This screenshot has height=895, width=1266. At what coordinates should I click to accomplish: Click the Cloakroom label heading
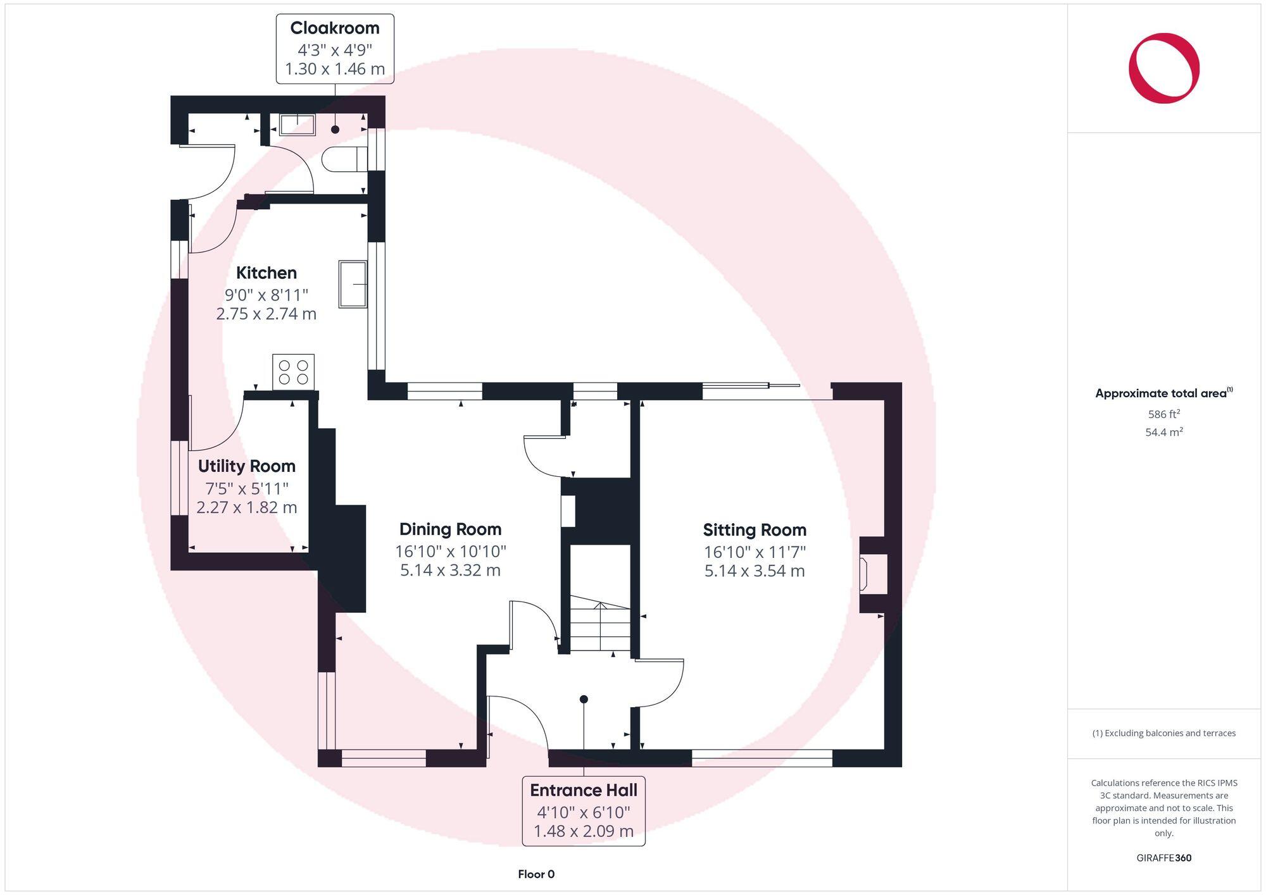tap(335, 28)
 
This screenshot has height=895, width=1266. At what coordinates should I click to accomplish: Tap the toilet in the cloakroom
tap(344, 159)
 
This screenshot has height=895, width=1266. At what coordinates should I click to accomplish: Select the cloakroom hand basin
tap(297, 125)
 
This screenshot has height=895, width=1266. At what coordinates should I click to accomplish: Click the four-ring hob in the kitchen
tap(293, 372)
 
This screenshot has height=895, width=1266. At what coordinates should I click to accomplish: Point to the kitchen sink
tap(353, 284)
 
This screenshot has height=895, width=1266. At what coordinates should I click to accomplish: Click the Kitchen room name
tap(266, 273)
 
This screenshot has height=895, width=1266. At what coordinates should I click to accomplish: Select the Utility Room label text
tap(247, 466)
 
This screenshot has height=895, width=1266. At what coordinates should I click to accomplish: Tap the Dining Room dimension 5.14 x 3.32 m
tap(450, 571)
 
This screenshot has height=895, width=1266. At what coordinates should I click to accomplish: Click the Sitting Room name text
tap(755, 530)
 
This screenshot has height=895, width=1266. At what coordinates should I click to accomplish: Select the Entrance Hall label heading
tap(584, 791)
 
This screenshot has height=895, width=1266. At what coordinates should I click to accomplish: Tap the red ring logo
tap(1163, 68)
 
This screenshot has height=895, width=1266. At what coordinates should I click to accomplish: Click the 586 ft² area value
tap(1163, 415)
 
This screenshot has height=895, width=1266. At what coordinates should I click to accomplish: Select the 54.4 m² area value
tap(1163, 433)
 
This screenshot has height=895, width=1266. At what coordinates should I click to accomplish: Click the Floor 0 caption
tap(536, 874)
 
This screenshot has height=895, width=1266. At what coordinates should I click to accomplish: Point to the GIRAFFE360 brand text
tap(1163, 858)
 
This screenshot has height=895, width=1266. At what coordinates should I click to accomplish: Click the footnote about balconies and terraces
tap(1163, 734)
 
